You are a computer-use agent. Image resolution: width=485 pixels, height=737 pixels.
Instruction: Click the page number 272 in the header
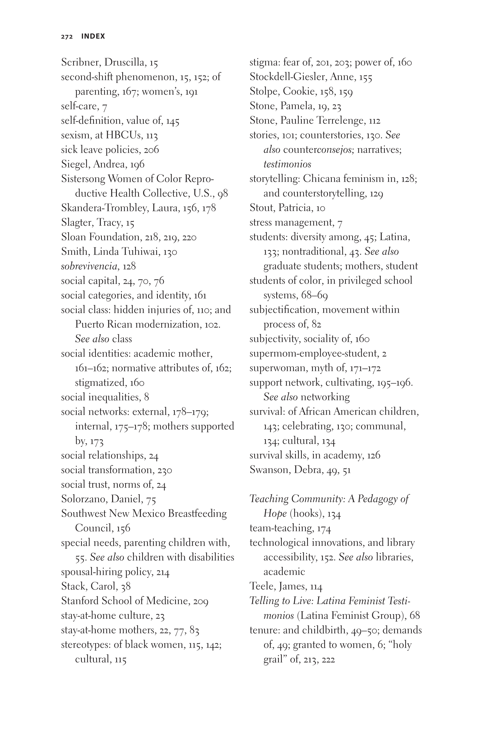pos(67,36)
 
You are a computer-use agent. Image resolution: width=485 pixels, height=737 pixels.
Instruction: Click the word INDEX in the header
pos(93,36)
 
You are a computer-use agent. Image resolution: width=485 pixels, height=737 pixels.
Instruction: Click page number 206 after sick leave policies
pos(151,150)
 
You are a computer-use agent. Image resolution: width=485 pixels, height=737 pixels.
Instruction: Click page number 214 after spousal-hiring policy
pos(163,572)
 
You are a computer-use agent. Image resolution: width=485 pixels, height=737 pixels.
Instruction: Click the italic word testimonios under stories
pos(287,165)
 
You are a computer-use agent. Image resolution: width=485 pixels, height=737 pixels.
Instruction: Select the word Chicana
pos(322,179)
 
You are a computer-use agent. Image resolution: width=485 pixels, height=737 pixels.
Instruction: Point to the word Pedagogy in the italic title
pos(380,499)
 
